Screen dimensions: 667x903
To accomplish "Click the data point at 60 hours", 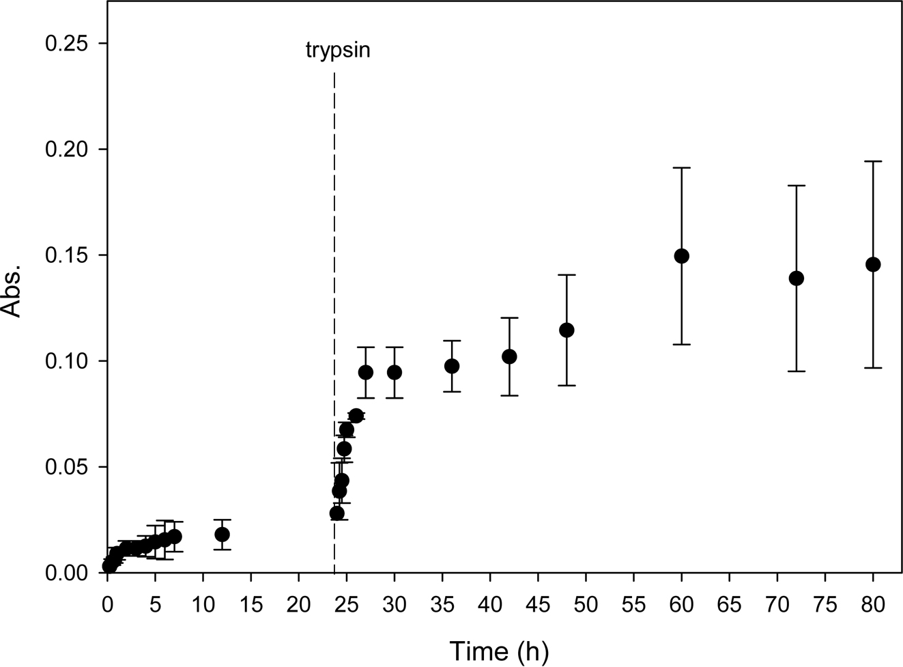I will [681, 256].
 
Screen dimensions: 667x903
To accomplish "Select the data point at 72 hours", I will [796, 278].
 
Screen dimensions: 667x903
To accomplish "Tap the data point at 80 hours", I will [873, 264].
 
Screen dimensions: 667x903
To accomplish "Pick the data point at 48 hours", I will [567, 330].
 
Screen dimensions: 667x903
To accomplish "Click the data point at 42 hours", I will [509, 356].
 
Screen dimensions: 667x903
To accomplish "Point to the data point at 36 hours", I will [452, 366].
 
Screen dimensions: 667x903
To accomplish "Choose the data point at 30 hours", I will [394, 372].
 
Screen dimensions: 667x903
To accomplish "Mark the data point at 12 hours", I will [222, 534].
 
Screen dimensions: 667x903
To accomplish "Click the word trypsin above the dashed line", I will [337, 51].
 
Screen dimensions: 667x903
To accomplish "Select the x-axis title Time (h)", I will [498, 651].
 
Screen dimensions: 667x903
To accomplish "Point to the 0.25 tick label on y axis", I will [67, 44].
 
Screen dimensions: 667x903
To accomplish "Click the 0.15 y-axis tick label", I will [67, 255].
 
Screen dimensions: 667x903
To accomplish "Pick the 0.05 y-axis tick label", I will [67, 467].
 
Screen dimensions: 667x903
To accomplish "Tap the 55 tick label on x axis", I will [634, 605].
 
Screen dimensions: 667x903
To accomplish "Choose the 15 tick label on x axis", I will [251, 605].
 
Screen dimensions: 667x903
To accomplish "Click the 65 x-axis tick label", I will [730, 605].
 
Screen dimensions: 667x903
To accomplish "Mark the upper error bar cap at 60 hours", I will [681, 167].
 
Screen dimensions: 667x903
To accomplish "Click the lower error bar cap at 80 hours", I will [873, 368].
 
